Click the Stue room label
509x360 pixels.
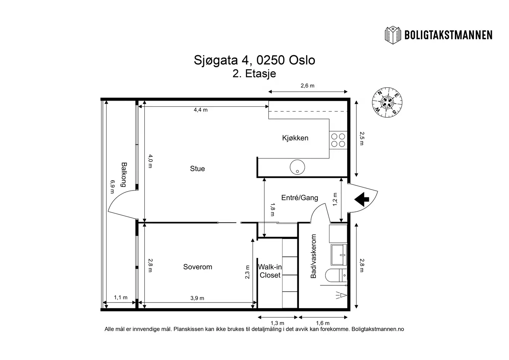click(x=197, y=168)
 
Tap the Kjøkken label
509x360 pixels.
click(x=295, y=138)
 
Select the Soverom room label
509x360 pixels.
click(x=198, y=267)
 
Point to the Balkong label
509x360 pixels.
click(x=124, y=174)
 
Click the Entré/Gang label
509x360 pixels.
click(x=300, y=198)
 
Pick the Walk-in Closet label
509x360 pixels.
click(x=270, y=271)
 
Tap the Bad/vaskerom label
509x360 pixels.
click(x=314, y=256)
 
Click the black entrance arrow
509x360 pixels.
click(x=362, y=200)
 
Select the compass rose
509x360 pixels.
click(x=387, y=102)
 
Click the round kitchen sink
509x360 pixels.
click(x=297, y=167)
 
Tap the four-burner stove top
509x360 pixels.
click(x=338, y=140)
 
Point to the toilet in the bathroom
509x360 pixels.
click(x=336, y=275)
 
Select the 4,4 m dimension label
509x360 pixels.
click(x=200, y=110)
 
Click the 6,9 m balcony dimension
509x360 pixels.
click(x=112, y=187)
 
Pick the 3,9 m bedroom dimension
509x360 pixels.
click(x=197, y=298)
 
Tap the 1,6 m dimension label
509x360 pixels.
click(x=323, y=323)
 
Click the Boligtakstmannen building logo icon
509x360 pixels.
click(x=393, y=35)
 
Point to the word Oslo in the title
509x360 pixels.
click(x=302, y=60)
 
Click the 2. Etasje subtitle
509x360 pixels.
click(x=254, y=74)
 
